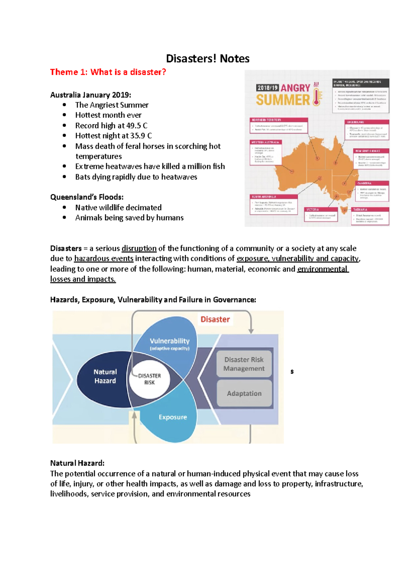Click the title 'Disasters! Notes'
[x=207, y=59]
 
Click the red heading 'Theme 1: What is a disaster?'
[x=108, y=72]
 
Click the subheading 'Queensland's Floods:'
[x=87, y=197]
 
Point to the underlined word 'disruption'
[x=139, y=248]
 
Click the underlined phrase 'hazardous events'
[x=104, y=258]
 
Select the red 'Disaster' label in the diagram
[x=215, y=319]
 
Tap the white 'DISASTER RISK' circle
[x=149, y=379]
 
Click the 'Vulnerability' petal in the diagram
[x=169, y=343]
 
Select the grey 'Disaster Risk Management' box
[x=244, y=364]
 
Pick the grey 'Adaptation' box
[x=244, y=393]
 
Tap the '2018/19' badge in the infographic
[x=267, y=88]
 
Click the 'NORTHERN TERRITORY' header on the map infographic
[x=266, y=120]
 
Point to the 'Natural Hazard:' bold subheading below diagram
[x=77, y=463]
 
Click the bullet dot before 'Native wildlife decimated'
[x=64, y=207]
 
